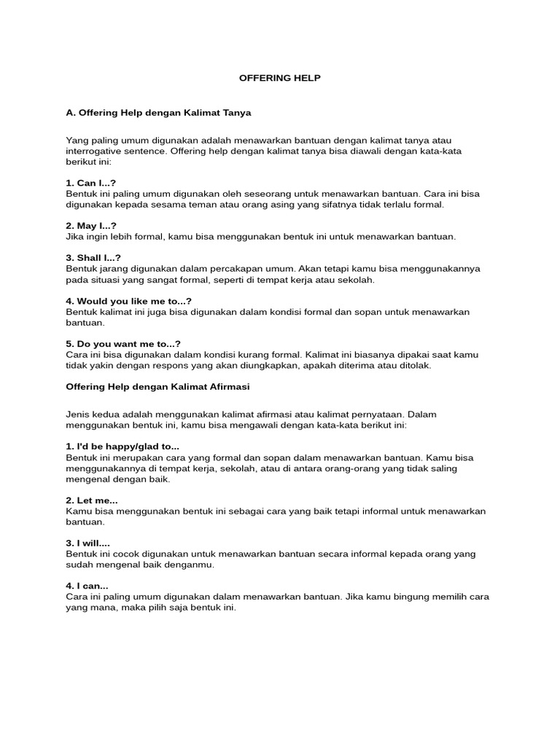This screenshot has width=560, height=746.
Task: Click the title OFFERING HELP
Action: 280,78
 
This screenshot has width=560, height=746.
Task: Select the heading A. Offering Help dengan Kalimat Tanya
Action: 158,113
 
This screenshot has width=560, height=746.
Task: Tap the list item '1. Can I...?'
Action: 91,184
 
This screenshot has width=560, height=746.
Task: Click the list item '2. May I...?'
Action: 91,226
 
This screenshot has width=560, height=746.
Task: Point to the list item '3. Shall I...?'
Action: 93,258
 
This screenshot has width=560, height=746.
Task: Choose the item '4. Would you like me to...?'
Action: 128,301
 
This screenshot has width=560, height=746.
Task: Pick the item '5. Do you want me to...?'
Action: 123,344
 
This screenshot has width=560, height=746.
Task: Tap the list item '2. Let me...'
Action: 92,500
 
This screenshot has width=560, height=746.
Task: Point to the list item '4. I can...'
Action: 87,586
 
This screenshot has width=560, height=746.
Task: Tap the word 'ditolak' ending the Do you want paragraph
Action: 416,366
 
